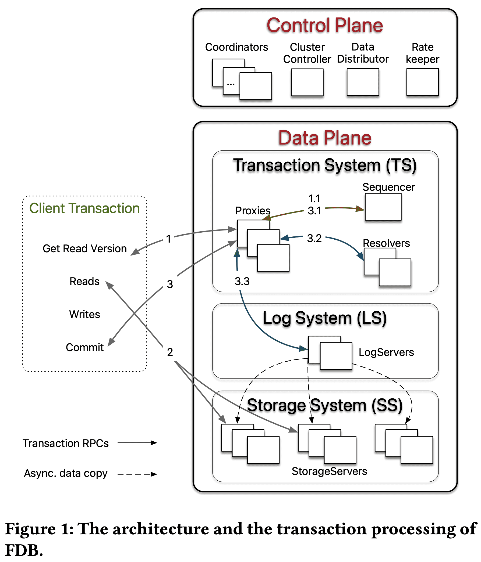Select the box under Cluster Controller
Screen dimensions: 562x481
pos(307,82)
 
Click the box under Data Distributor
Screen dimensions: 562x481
pos(363,82)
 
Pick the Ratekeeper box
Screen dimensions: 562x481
pos(422,82)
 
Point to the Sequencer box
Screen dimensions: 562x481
pos(383,207)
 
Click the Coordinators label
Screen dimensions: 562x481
pos(236,47)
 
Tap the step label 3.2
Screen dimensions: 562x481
pos(314,238)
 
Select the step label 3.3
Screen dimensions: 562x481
pos(242,281)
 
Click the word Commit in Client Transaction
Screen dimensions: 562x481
pos(84,347)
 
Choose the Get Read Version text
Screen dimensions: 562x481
pos(84,248)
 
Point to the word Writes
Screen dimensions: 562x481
pos(84,314)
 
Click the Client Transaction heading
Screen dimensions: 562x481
pos(84,208)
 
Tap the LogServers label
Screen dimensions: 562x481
pos(386,352)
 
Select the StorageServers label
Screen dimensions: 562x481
pos(329,471)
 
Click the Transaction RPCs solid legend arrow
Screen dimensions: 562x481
pos(137,443)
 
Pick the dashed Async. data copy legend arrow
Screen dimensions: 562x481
pos(137,474)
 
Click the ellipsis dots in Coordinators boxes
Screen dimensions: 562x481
pos(231,85)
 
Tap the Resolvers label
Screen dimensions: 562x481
pos(386,243)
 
